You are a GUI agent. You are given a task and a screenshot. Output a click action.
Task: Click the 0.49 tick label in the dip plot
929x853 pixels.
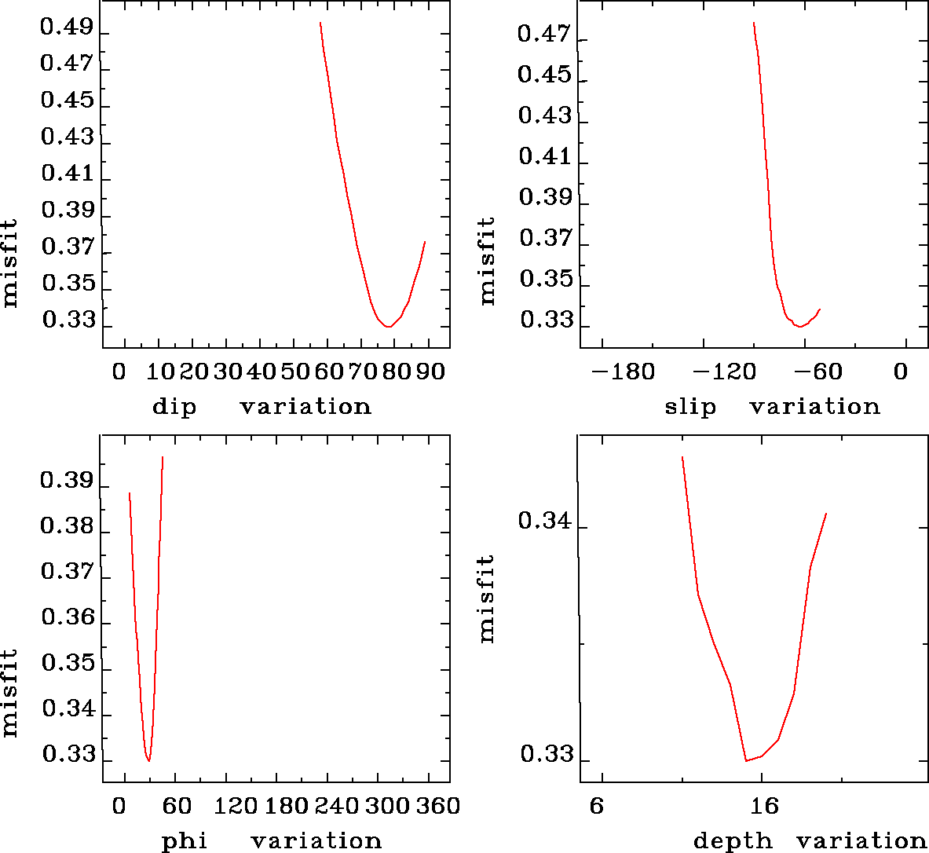[x=67, y=28]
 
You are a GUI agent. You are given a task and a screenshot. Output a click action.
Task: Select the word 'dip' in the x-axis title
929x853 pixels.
[x=174, y=407]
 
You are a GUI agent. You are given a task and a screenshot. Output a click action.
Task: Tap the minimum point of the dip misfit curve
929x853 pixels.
[x=388, y=327]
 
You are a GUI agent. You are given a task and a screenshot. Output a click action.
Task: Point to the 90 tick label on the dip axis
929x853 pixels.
[x=430, y=372]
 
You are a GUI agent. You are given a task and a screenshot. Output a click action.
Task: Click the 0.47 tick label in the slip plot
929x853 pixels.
[x=545, y=35]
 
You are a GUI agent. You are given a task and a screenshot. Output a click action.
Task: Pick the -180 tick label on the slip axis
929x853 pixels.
[x=624, y=372]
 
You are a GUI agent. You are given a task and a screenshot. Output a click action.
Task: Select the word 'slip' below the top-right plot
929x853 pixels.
[x=690, y=407]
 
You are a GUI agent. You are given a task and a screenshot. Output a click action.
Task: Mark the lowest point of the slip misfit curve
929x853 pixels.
[x=799, y=326]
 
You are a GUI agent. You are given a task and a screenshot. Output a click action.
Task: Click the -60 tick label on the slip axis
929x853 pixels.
[x=821, y=372]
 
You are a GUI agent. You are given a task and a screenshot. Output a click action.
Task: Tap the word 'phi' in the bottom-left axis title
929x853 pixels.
[x=185, y=841]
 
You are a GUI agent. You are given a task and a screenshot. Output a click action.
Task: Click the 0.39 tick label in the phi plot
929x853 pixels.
[x=67, y=481]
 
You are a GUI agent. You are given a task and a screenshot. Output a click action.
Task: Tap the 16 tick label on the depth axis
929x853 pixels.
[x=763, y=806]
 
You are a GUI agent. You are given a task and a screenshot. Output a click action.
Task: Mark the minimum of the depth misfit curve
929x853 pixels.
[x=746, y=760]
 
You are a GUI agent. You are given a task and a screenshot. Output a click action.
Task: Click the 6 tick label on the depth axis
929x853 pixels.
[x=598, y=806]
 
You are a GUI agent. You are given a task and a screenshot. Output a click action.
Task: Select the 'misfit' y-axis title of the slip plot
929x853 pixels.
[x=488, y=261]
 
